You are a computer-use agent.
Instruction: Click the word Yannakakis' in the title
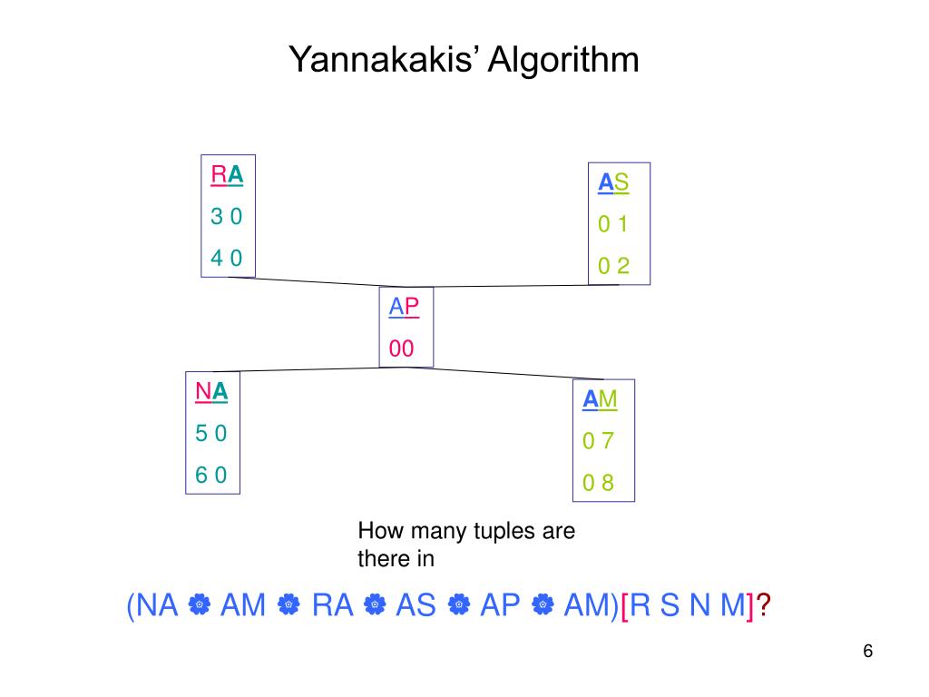click(385, 60)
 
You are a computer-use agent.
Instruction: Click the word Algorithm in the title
click(564, 60)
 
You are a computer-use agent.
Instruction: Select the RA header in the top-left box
click(227, 174)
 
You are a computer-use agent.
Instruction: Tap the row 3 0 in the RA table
click(227, 217)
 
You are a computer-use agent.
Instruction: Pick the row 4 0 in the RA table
click(227, 258)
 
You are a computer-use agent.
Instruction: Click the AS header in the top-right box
click(613, 182)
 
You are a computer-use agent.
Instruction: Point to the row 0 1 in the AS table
click(613, 224)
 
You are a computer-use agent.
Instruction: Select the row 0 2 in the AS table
click(613, 266)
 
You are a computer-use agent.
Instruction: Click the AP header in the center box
click(405, 307)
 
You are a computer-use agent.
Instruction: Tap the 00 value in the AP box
click(402, 348)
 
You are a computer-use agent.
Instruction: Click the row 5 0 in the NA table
click(211, 433)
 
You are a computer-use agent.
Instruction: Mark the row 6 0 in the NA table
click(211, 475)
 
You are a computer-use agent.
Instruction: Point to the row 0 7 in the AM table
click(599, 441)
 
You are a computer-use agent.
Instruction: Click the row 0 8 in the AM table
click(599, 483)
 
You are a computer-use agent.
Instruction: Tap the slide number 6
click(867, 652)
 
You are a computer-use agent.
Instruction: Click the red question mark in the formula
click(764, 605)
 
